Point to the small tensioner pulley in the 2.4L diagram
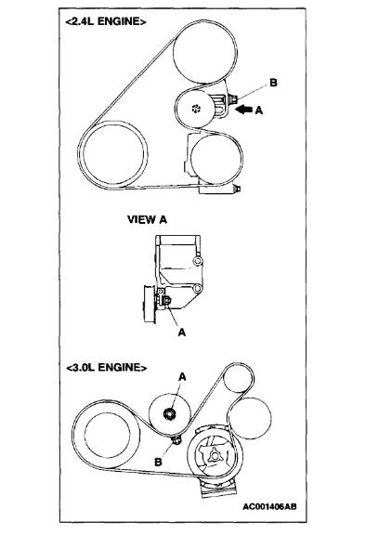tap(195, 109)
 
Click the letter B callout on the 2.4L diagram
tap(272, 84)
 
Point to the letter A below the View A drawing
tap(173, 326)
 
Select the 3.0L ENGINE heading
tap(107, 367)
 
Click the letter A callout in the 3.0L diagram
tap(182, 377)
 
